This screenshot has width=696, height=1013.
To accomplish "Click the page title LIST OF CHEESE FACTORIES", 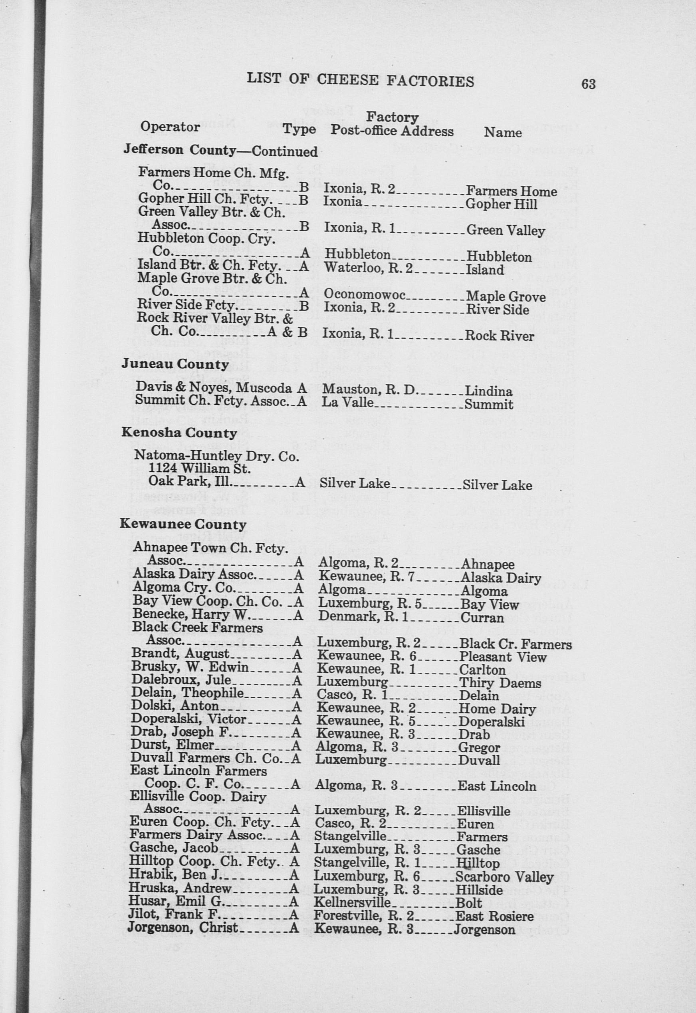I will (x=360, y=80).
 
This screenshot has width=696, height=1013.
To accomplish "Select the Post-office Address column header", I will (x=392, y=131).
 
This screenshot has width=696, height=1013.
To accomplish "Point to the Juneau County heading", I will (x=175, y=364).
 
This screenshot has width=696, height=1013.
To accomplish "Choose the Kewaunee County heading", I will (x=183, y=524).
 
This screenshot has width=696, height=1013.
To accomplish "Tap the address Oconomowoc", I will (x=365, y=294).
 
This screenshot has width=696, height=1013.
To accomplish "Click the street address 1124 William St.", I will (x=199, y=469).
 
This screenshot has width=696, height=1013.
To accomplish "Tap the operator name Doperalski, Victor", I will (x=189, y=719).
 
